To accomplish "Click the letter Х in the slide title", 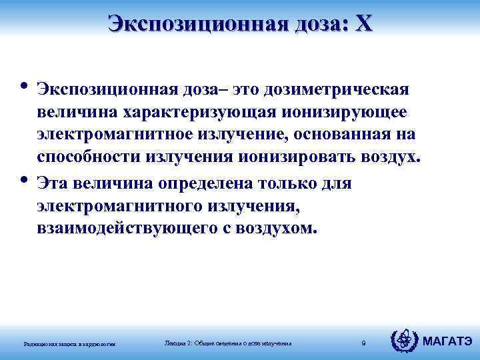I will (x=364, y=24).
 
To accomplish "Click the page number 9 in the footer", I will (x=363, y=343).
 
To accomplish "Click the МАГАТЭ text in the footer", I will (x=448, y=342).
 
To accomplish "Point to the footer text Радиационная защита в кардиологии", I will (x=70, y=344).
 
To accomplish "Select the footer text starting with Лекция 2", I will (x=228, y=343).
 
